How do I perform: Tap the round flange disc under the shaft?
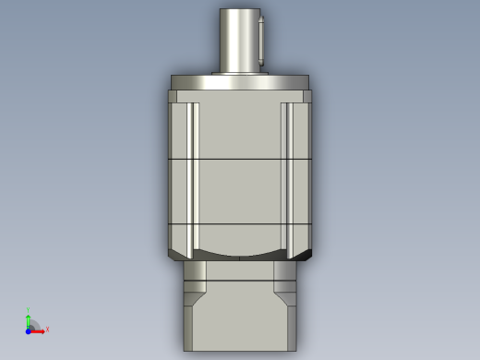(x=239, y=82)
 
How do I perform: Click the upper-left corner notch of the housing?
(x=173, y=96)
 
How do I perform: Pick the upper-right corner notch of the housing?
(x=306, y=96)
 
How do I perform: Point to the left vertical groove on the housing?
(x=193, y=175)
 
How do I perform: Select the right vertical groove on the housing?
(x=286, y=175)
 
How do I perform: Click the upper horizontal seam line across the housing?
(x=239, y=160)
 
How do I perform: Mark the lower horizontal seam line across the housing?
(x=239, y=224)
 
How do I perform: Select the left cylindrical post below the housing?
(x=195, y=270)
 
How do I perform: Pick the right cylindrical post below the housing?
(x=284, y=270)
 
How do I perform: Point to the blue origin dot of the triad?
(x=29, y=330)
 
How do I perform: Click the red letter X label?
(x=47, y=329)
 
